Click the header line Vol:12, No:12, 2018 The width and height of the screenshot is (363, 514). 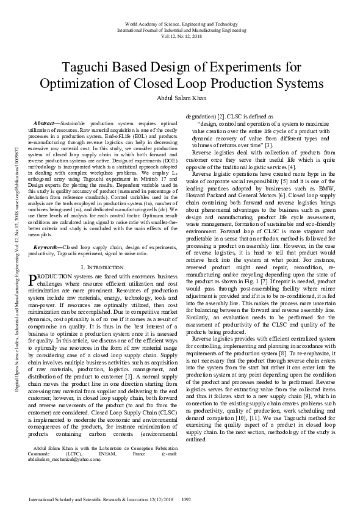[x=181, y=35]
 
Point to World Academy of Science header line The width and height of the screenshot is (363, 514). [x=181, y=23]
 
